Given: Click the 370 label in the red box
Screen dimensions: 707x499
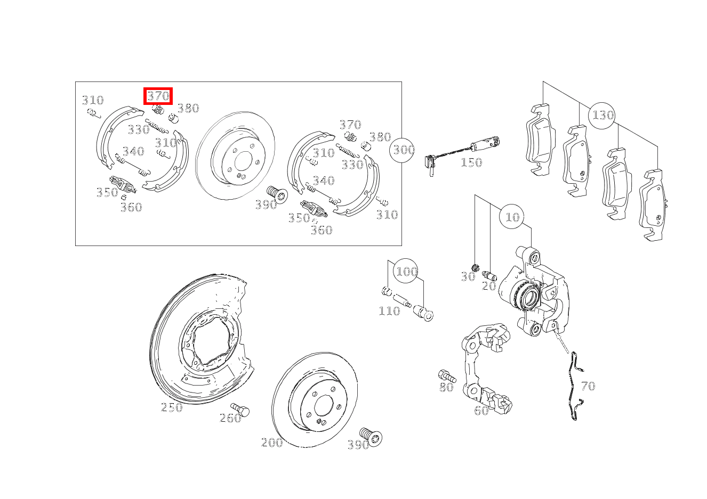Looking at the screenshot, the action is (x=158, y=96).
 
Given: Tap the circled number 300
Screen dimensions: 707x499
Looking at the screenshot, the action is (x=402, y=150).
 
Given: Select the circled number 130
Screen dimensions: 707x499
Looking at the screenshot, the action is (x=601, y=116).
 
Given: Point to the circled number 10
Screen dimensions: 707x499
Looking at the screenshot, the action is (x=512, y=217).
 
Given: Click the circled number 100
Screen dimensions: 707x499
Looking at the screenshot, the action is (x=406, y=271).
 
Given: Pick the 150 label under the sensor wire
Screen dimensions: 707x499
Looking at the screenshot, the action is (x=471, y=162).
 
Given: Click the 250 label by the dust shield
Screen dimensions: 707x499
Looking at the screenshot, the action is (x=172, y=407).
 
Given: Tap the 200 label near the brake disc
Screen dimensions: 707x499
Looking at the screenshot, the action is (x=272, y=443).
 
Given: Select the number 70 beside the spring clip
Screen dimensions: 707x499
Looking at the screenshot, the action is (x=588, y=386).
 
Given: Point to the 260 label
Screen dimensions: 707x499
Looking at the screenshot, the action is (x=230, y=418).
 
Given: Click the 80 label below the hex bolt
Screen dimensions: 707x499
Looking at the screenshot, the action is (x=446, y=387).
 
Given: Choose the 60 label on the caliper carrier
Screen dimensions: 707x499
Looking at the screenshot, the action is (x=481, y=411).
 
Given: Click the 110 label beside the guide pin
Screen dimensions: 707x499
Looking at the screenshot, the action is (x=389, y=312).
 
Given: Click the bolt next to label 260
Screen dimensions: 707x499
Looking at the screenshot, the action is (x=240, y=409).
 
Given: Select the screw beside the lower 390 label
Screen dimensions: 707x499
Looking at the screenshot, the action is (x=371, y=436).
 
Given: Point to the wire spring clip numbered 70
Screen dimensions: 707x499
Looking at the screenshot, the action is (x=574, y=386).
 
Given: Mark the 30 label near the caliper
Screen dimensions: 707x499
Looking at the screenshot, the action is (x=468, y=277).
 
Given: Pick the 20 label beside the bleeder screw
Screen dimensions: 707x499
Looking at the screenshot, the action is (x=489, y=286).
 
